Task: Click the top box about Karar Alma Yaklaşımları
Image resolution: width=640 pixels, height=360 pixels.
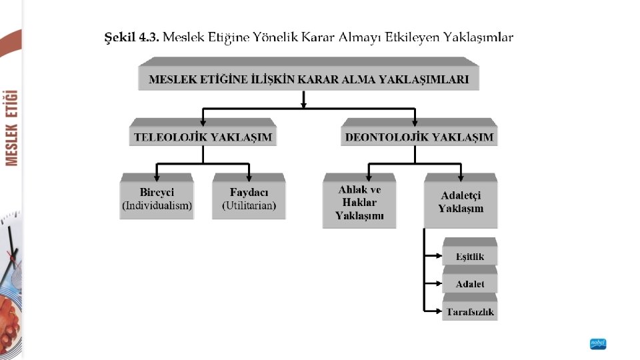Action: point(308,79)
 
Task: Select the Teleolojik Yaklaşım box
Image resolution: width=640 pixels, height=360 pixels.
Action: point(203,137)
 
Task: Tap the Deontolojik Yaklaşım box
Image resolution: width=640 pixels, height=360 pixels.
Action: point(419,137)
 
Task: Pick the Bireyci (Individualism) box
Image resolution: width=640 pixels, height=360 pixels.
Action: point(157,199)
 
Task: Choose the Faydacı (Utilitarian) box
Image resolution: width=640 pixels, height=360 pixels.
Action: point(249,199)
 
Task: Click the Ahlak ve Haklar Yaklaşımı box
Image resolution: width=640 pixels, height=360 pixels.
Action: point(359,203)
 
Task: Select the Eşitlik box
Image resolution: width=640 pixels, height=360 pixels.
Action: point(470,257)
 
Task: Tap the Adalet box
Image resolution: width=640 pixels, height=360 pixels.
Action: point(470,284)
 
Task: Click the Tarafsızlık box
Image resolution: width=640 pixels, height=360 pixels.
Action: point(470,311)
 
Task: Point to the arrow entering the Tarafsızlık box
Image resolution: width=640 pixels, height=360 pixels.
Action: point(437,310)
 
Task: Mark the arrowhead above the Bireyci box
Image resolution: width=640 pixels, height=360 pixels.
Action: point(157,177)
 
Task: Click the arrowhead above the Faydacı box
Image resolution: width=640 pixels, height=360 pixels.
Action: point(249,177)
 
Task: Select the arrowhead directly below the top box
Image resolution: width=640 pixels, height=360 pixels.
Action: point(304,103)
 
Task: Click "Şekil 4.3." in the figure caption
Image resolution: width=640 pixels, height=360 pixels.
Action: point(131,37)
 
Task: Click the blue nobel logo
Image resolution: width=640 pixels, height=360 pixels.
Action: point(598,344)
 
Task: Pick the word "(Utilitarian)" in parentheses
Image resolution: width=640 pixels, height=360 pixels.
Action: point(249,205)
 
